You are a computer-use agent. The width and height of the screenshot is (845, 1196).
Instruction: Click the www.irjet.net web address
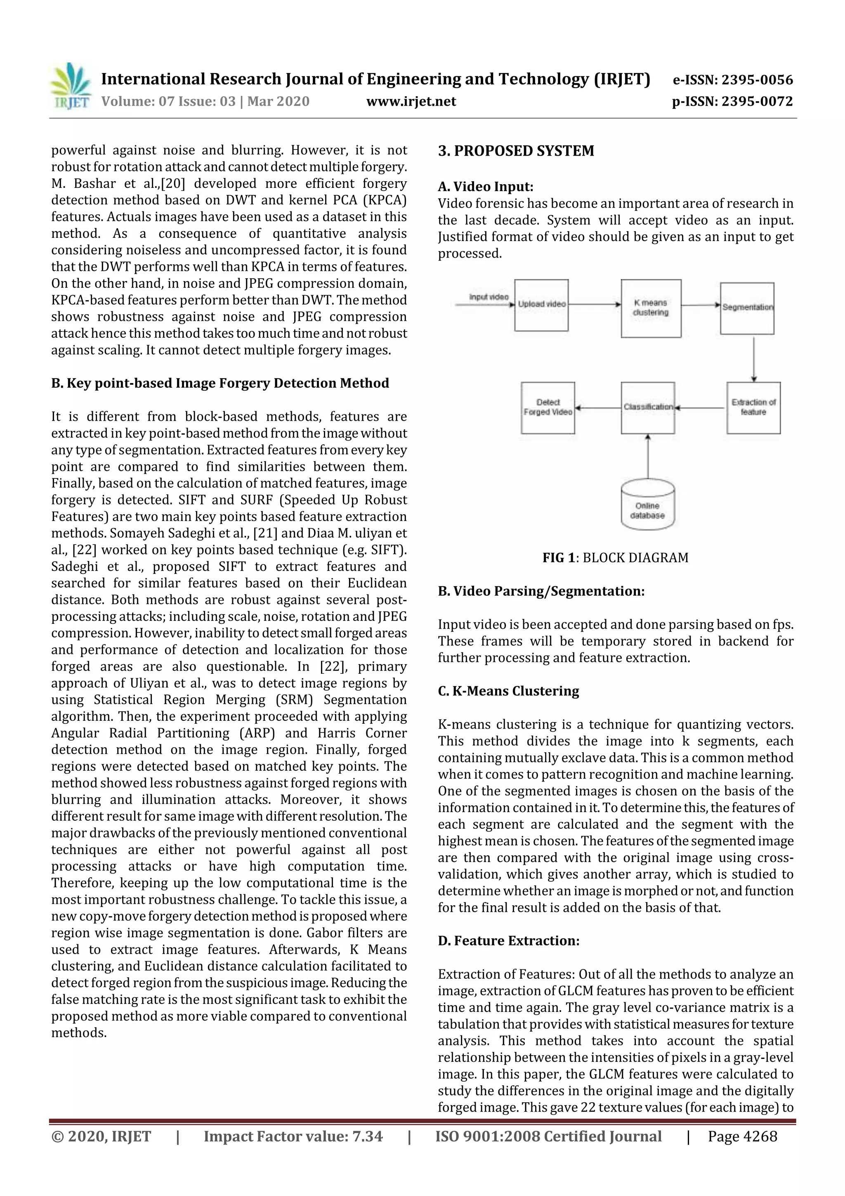411,101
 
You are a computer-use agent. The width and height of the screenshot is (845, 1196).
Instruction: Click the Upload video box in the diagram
541,305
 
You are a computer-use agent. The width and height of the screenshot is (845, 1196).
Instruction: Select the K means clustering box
650,308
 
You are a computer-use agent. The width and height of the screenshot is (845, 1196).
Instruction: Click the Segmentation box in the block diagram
747,308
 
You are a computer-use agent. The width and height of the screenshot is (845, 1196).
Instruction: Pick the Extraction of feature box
753,407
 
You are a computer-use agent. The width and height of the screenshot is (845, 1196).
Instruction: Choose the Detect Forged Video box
548,407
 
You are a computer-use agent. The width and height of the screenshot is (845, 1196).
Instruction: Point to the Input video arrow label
489,297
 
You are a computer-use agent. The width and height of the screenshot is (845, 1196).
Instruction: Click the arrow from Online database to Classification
648,456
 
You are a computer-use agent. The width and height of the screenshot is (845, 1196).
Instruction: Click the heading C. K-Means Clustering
508,691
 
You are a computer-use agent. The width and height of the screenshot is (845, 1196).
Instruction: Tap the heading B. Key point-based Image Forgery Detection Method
220,384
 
